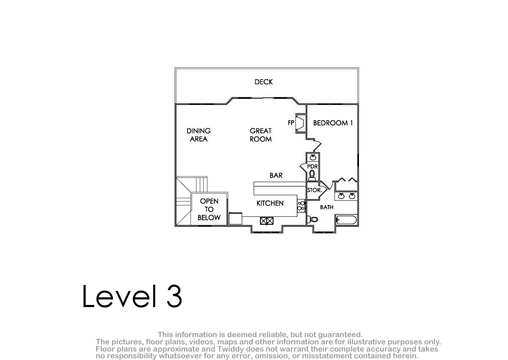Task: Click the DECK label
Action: point(263,82)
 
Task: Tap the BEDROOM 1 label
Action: point(333,123)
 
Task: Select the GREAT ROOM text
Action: point(261,135)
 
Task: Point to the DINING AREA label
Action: point(199,135)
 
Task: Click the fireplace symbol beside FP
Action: point(301,123)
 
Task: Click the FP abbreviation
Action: point(291,123)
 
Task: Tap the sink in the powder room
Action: point(313,157)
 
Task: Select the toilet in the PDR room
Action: point(312,176)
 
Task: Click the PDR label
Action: point(312,166)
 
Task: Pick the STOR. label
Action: point(314,190)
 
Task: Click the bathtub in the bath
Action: point(346,220)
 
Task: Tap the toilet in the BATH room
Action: point(312,219)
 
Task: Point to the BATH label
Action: point(326,207)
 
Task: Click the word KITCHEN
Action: point(270,203)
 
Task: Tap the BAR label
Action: point(276,175)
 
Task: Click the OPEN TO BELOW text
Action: point(209,209)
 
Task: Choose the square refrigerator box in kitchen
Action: point(235,218)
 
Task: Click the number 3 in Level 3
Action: point(174,296)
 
